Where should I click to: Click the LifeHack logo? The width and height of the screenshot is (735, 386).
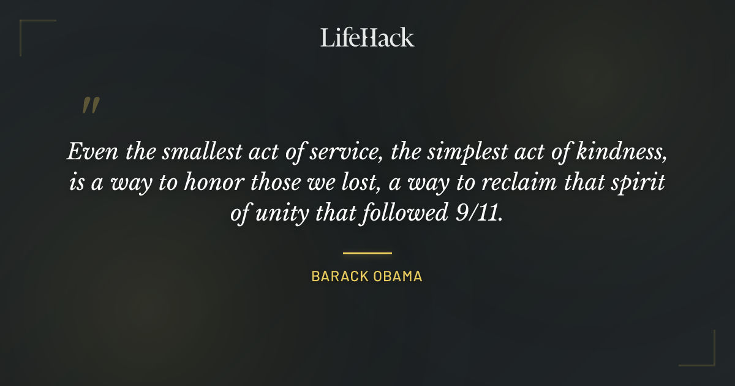pos(367,37)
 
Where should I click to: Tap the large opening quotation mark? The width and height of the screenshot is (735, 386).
pos(90,105)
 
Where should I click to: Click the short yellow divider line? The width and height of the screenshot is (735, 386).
pos(367,252)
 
